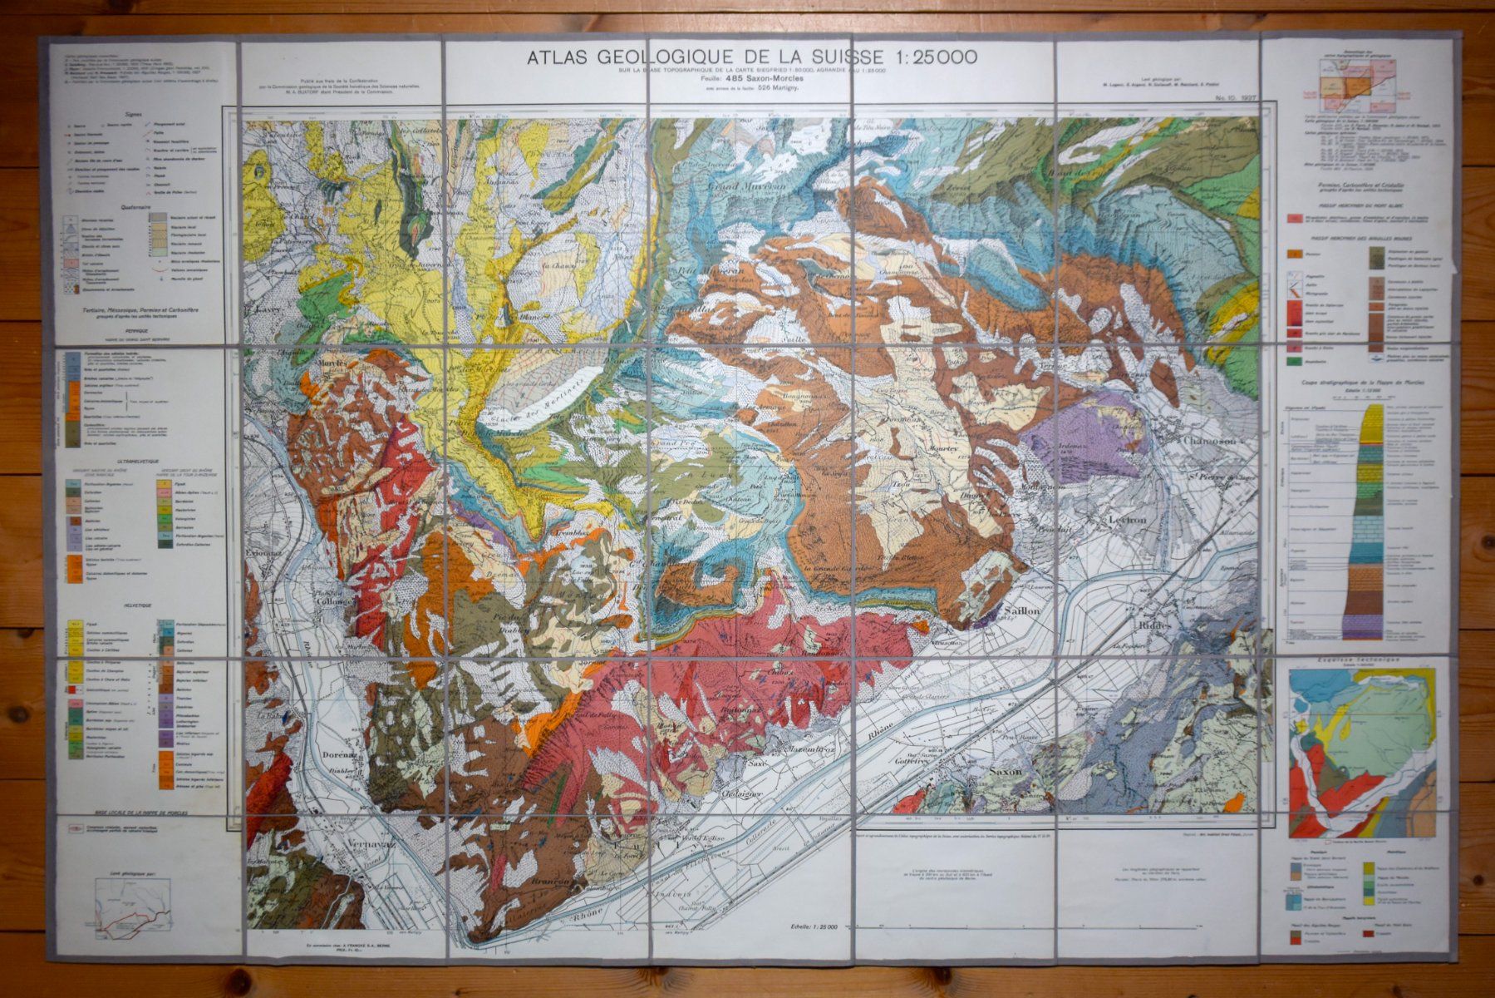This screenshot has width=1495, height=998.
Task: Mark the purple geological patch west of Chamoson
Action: point(1072,432)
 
